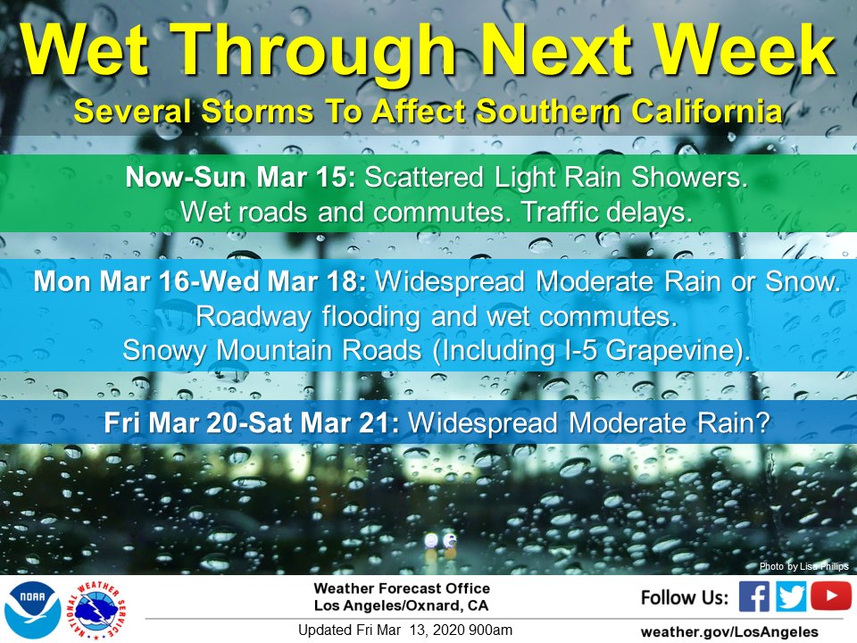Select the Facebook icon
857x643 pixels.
[x=753, y=597]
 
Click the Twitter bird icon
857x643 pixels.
[x=790, y=597]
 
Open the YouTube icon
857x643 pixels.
[x=831, y=596]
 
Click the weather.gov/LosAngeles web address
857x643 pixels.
[x=729, y=632]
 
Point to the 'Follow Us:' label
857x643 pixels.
[x=685, y=597]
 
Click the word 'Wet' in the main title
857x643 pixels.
[x=86, y=50]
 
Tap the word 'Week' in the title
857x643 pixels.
[x=745, y=50]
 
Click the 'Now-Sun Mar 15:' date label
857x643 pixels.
[x=240, y=177]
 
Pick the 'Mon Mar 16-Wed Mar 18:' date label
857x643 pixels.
[x=200, y=281]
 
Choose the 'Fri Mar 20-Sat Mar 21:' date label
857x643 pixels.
[x=252, y=422]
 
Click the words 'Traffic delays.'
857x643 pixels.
[x=607, y=213]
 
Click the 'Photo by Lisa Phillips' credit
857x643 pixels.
[x=804, y=566]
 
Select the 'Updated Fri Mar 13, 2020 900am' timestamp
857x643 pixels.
[x=405, y=630]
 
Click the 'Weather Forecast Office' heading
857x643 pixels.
[x=402, y=589]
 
